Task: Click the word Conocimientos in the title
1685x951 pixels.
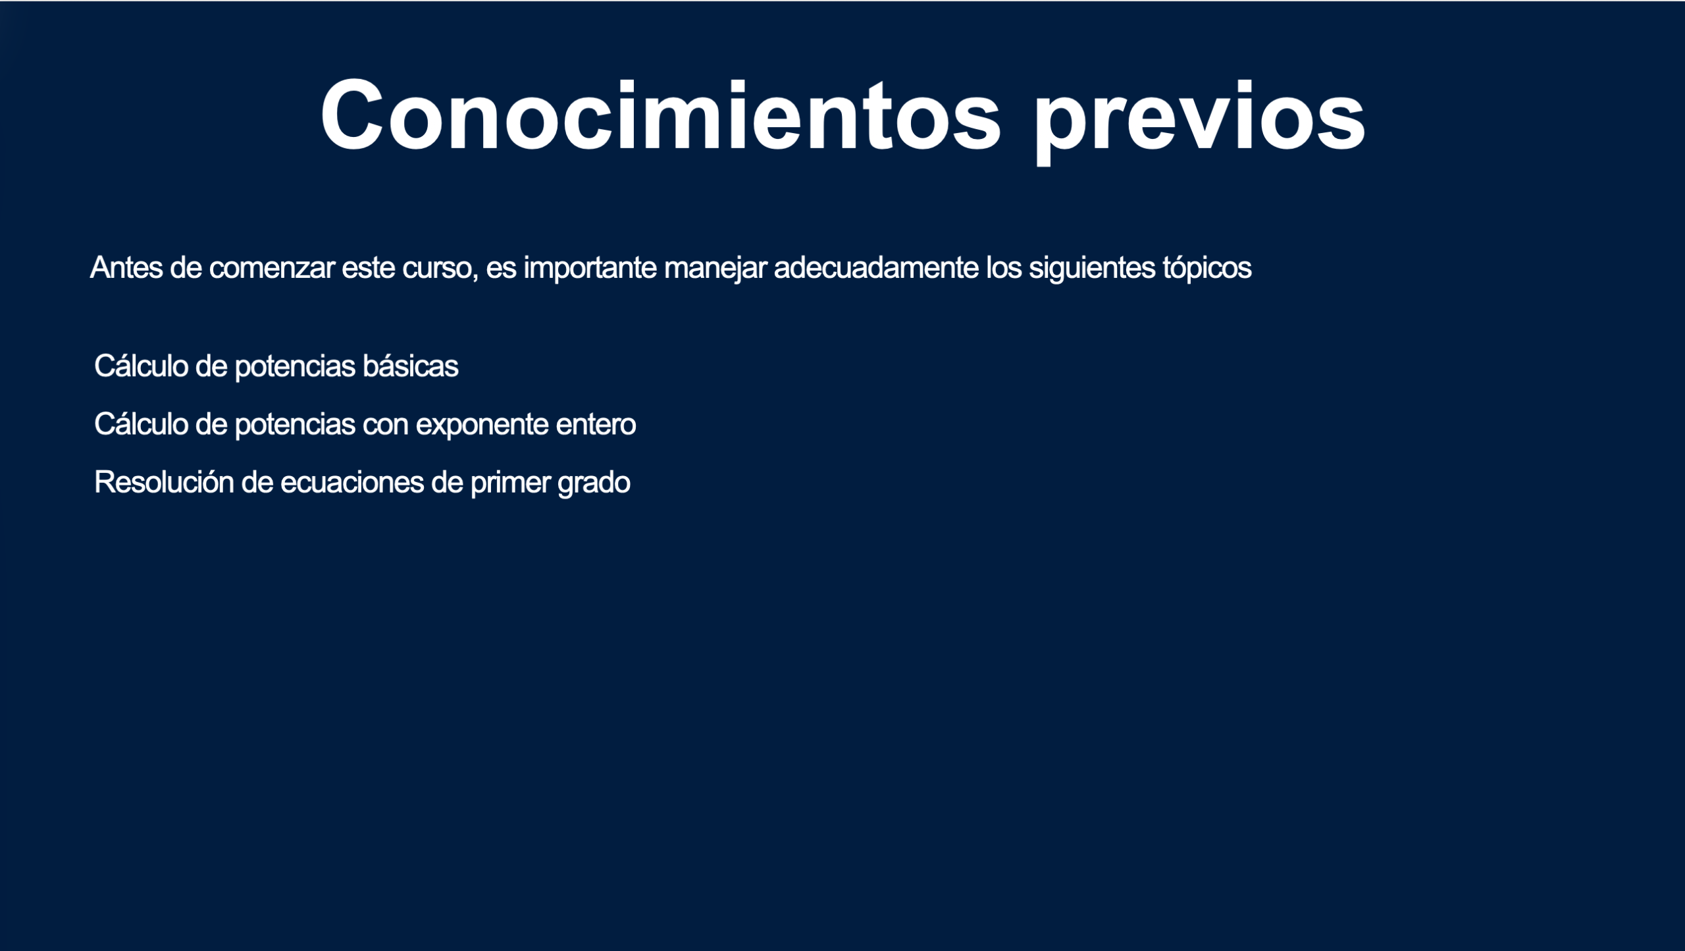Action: coord(661,115)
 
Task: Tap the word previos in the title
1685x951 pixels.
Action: coord(1199,122)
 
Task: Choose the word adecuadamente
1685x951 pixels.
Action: coord(876,267)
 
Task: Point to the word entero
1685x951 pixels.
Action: coord(596,425)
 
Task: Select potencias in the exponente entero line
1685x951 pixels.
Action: coord(295,425)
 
